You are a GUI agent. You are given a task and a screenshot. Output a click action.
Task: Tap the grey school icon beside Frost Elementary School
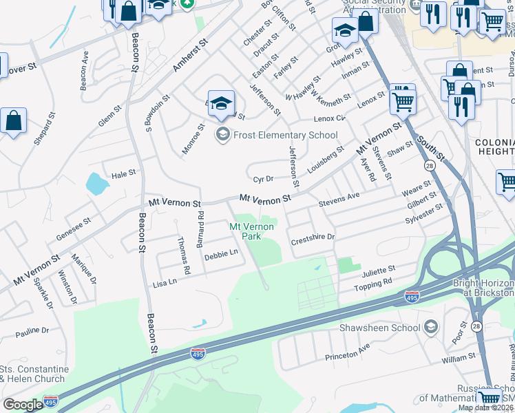tap(222, 134)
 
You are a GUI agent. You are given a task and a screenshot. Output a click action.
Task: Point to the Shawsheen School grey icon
tap(432, 327)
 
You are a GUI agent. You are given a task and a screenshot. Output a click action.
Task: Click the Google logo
tap(23, 405)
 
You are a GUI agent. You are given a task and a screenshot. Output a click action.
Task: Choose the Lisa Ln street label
tap(165, 282)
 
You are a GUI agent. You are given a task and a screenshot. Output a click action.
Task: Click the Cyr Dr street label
tap(263, 179)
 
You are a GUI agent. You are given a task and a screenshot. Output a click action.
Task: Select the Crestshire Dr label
tap(313, 238)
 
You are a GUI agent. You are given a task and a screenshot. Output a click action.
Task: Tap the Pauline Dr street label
tap(32, 331)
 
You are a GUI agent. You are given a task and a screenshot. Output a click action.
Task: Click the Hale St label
tap(123, 175)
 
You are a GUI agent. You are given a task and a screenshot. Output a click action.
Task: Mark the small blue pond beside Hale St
tap(95, 183)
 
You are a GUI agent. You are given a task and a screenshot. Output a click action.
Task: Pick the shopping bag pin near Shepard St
tap(14, 120)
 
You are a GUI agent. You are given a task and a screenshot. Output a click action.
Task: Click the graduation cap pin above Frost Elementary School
tap(221, 104)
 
